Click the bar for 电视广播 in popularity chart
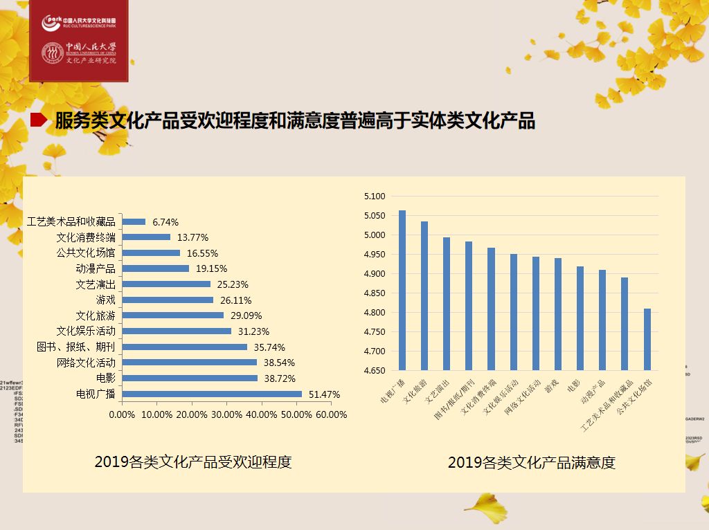click(x=212, y=394)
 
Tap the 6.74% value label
click(x=165, y=222)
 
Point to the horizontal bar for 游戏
click(x=168, y=300)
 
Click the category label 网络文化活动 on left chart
click(x=86, y=363)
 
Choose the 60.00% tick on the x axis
click(x=330, y=414)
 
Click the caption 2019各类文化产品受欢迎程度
click(x=193, y=462)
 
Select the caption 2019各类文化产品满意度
click(x=531, y=462)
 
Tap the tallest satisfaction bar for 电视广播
click(x=402, y=290)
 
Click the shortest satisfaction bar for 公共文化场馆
click(x=647, y=339)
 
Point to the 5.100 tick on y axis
click(x=374, y=197)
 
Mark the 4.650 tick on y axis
click(x=374, y=371)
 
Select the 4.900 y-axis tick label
click(x=374, y=274)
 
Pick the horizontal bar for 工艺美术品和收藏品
click(x=134, y=222)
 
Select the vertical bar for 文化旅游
click(x=424, y=295)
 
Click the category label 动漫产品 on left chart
click(x=96, y=268)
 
